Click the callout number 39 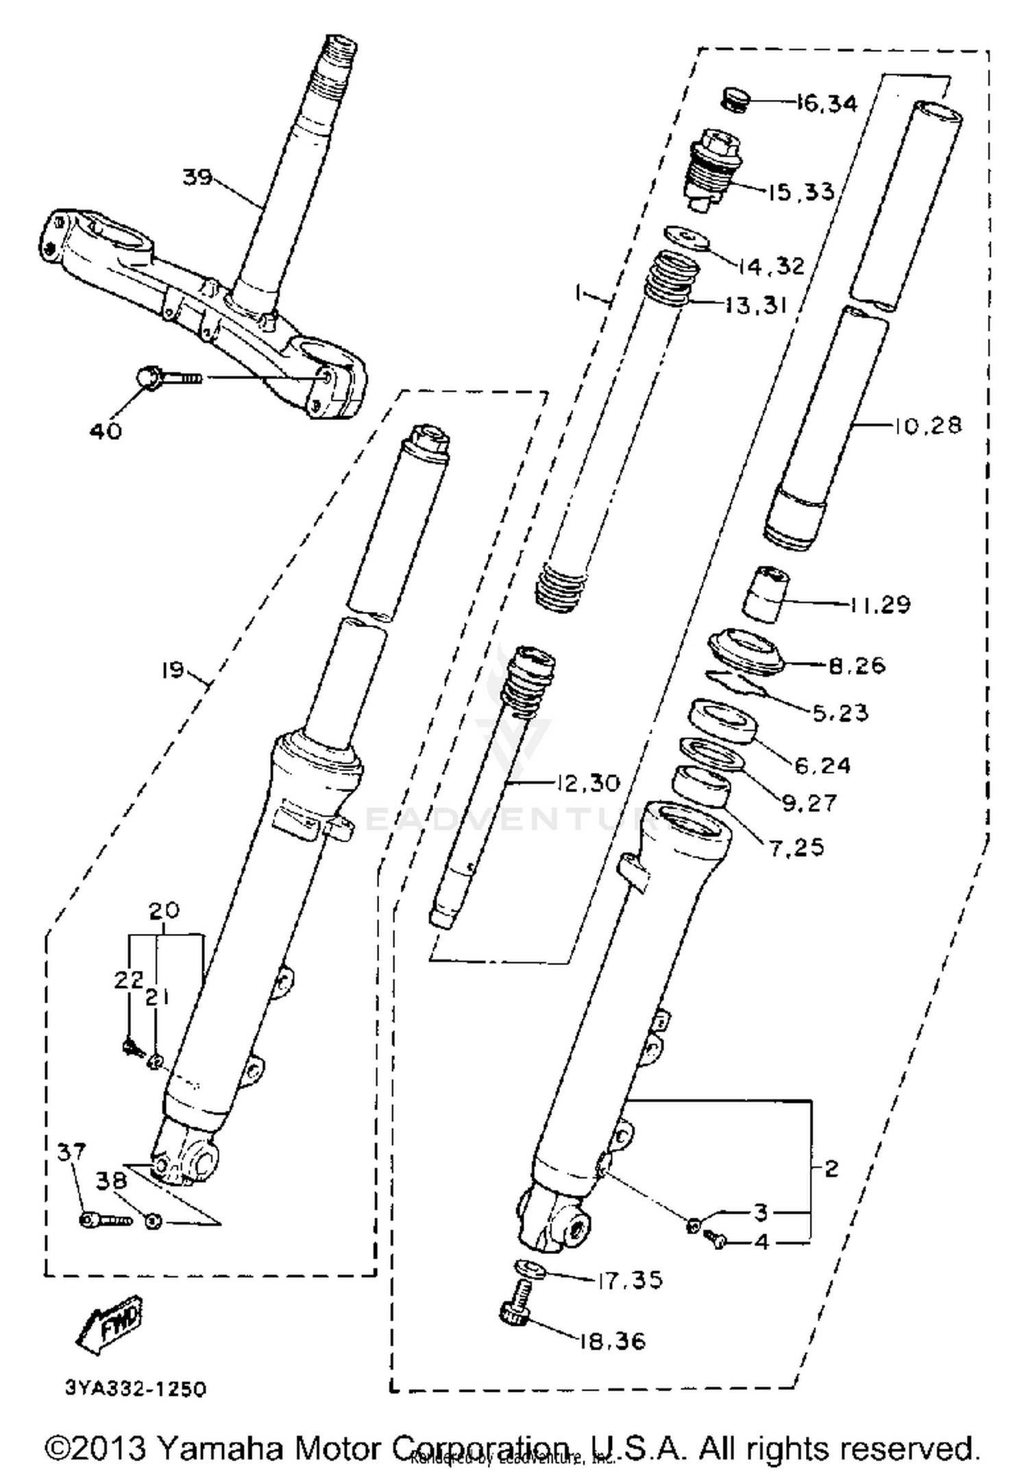point(197,177)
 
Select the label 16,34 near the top point(827,104)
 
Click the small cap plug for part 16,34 point(735,100)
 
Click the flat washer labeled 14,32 point(686,238)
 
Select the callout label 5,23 point(840,713)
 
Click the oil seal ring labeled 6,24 point(722,721)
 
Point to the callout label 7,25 point(796,848)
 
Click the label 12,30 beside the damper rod point(587,783)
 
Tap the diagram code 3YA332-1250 point(135,1388)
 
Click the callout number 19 point(172,670)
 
